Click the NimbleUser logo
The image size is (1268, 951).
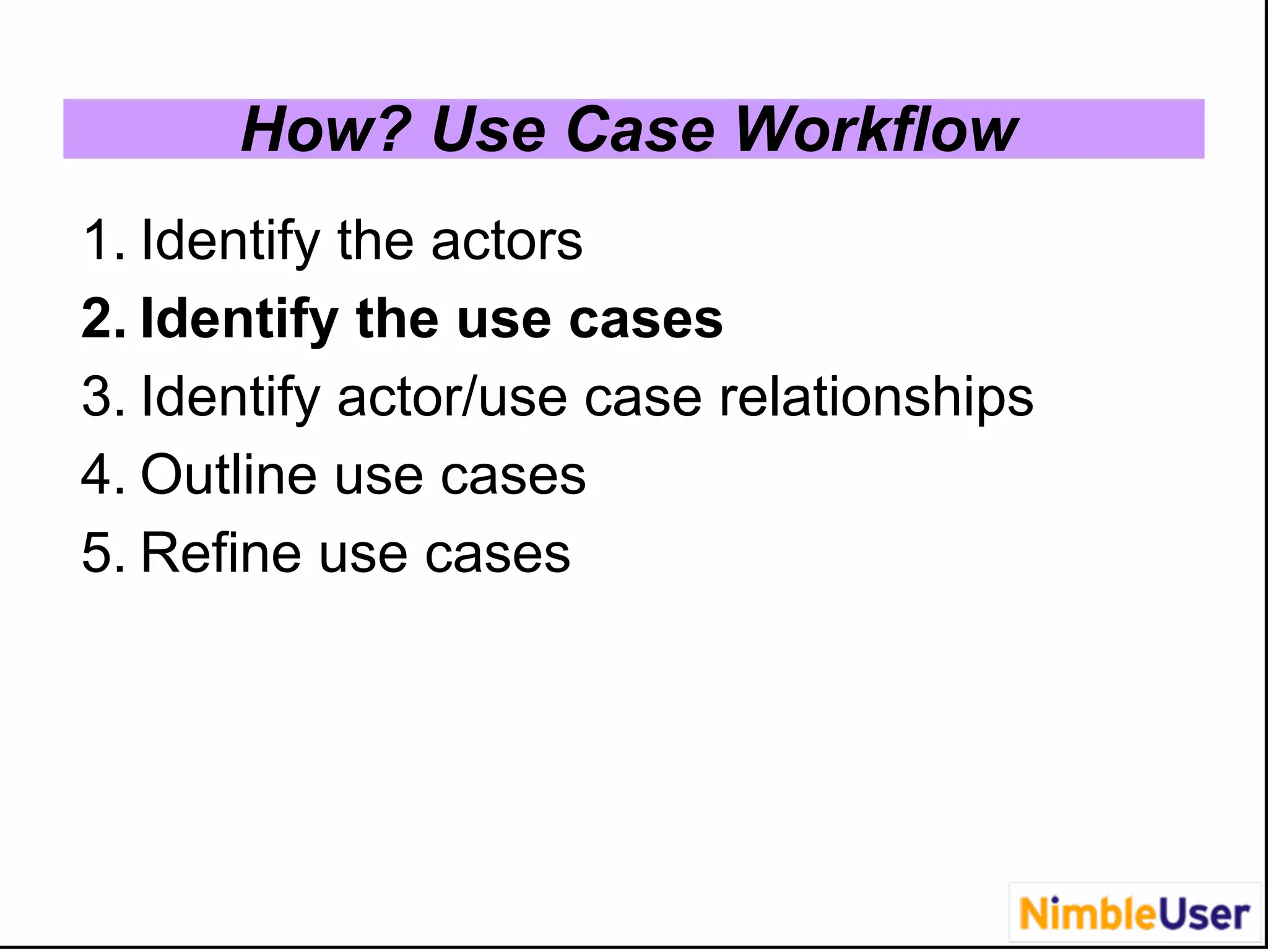tap(1134, 914)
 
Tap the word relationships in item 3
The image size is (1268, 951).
tap(875, 397)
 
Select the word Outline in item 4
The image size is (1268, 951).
tap(228, 475)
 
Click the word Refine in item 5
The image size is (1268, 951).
tap(221, 553)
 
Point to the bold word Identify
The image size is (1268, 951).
tap(239, 319)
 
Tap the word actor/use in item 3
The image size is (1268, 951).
tap(452, 397)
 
